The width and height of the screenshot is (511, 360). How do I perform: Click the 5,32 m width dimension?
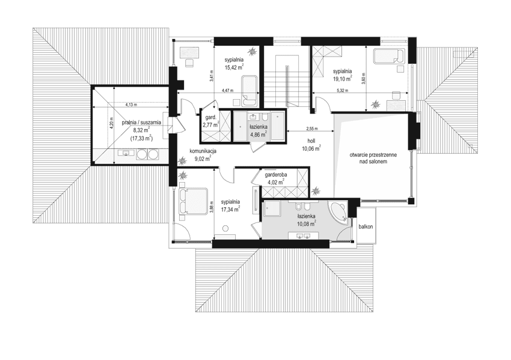coord(343,91)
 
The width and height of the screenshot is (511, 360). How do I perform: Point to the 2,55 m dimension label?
coord(311,129)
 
